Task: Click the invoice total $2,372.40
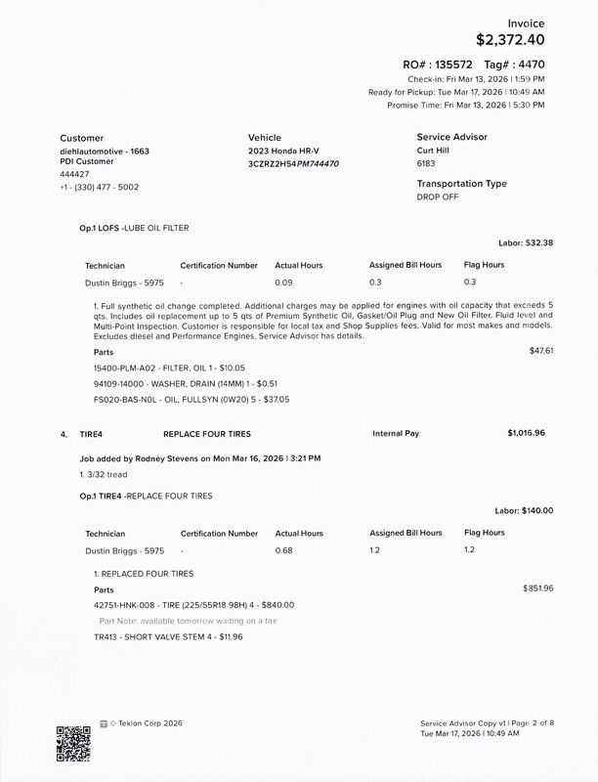click(x=510, y=40)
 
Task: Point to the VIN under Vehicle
click(x=293, y=164)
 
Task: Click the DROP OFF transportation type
click(x=437, y=196)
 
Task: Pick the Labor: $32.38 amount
click(x=526, y=242)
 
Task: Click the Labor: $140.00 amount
click(x=524, y=510)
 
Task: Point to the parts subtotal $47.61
click(x=541, y=350)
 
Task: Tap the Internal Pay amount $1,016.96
click(x=526, y=432)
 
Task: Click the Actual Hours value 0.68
click(x=284, y=550)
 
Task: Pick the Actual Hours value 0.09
click(x=284, y=282)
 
